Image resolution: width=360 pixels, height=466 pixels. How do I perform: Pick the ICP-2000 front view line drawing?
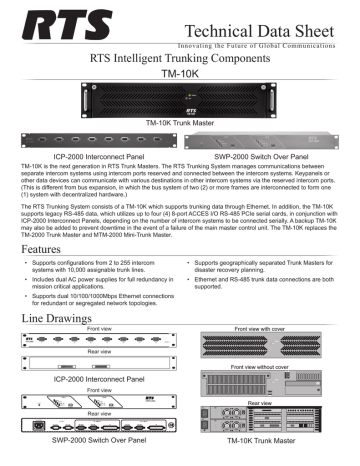(90, 369)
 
